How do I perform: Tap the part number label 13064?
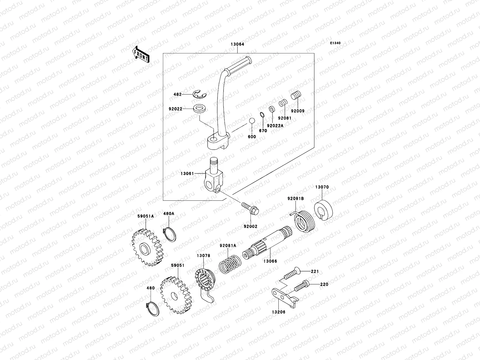237,44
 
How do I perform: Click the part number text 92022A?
275,126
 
